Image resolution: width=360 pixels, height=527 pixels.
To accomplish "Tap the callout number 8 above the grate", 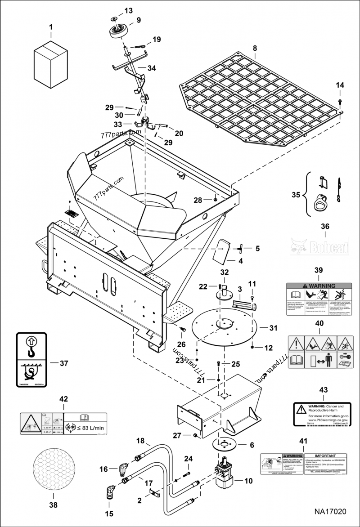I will (255, 48).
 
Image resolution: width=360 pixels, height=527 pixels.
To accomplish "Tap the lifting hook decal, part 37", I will (31, 361).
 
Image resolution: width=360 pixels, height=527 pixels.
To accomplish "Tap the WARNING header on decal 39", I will (319, 286).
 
